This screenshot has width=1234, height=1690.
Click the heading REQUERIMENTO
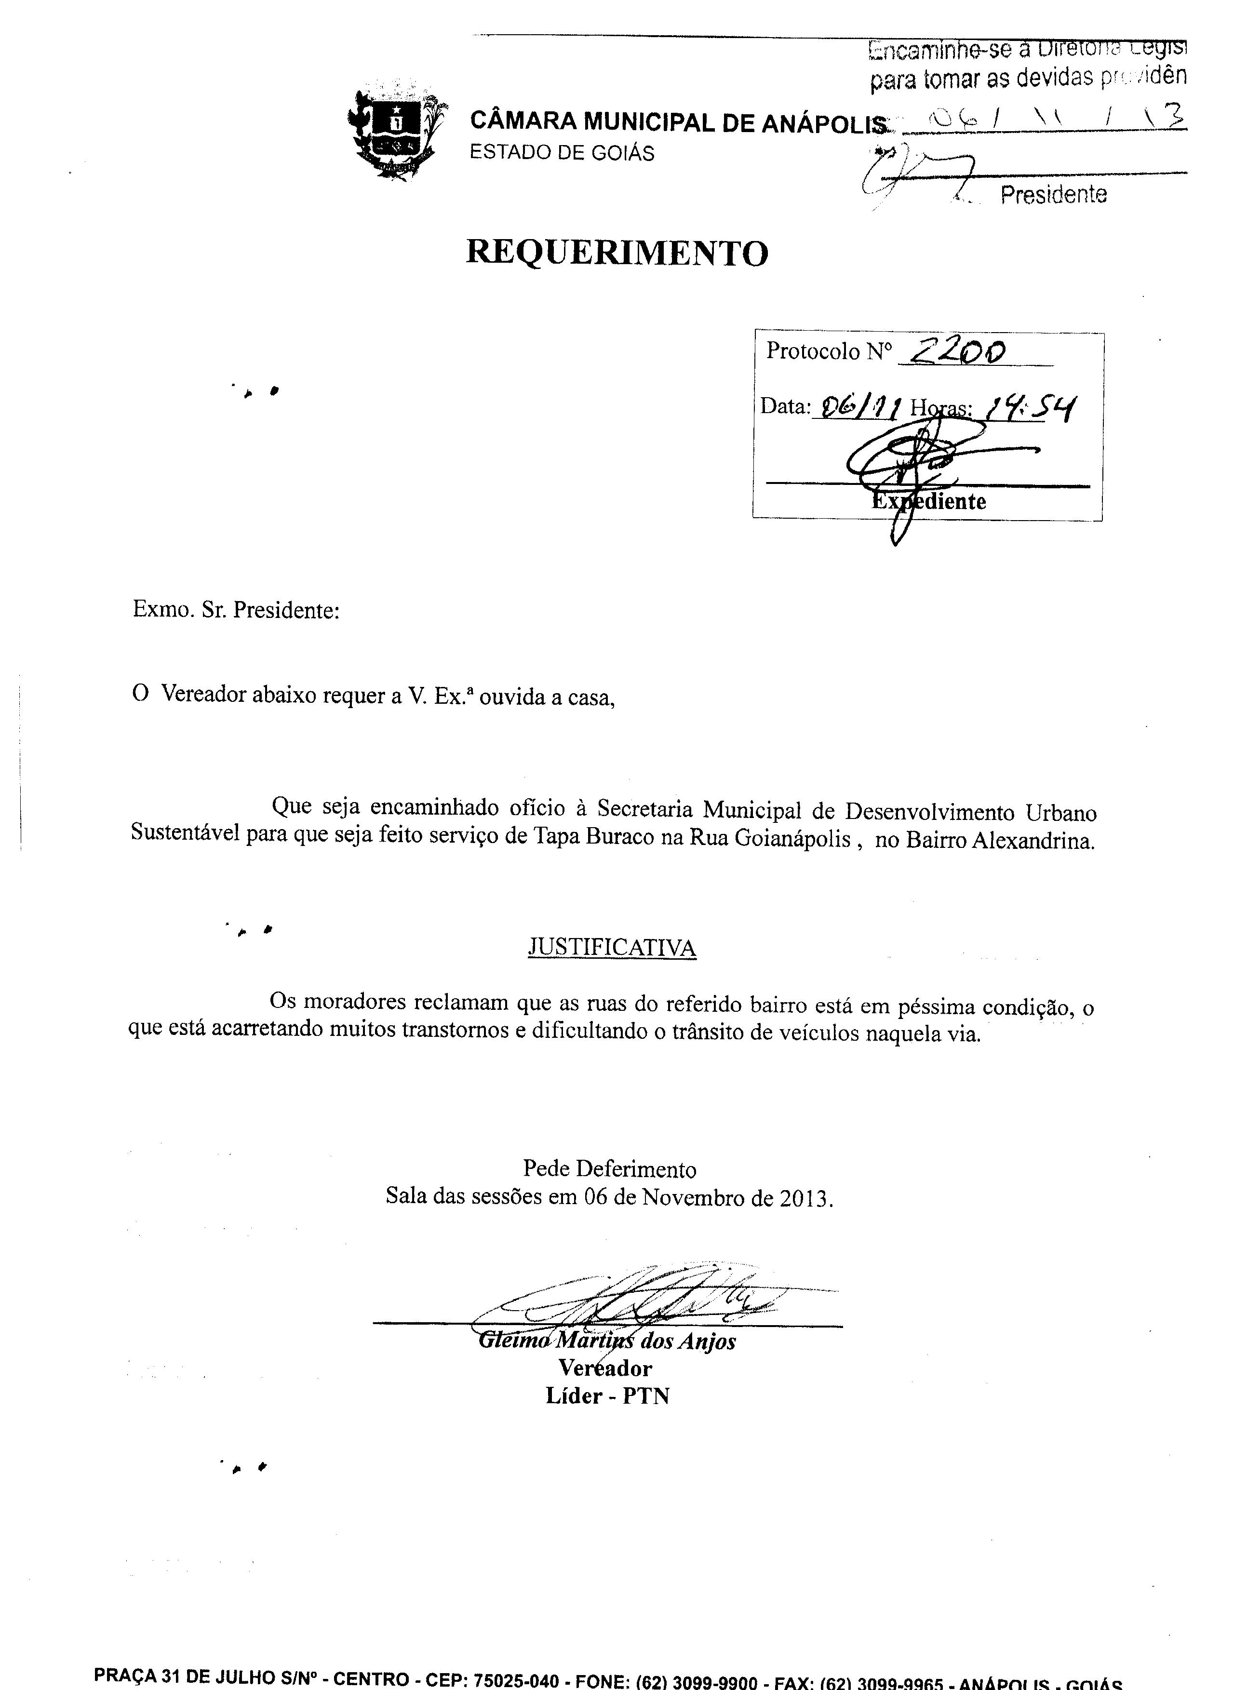pyautogui.click(x=617, y=253)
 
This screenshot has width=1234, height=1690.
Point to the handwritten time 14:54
pyautogui.click(x=1031, y=408)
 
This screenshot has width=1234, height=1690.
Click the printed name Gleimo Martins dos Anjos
pyautogui.click(x=606, y=1341)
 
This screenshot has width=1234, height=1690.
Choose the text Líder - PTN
pyautogui.click(x=607, y=1396)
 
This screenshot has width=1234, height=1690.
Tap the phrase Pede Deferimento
pyautogui.click(x=610, y=1169)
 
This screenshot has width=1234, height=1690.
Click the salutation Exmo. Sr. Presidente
pyautogui.click(x=236, y=610)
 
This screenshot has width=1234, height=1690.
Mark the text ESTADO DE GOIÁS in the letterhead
pyautogui.click(x=562, y=153)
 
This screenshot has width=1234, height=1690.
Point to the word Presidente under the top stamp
pyautogui.click(x=1053, y=195)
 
